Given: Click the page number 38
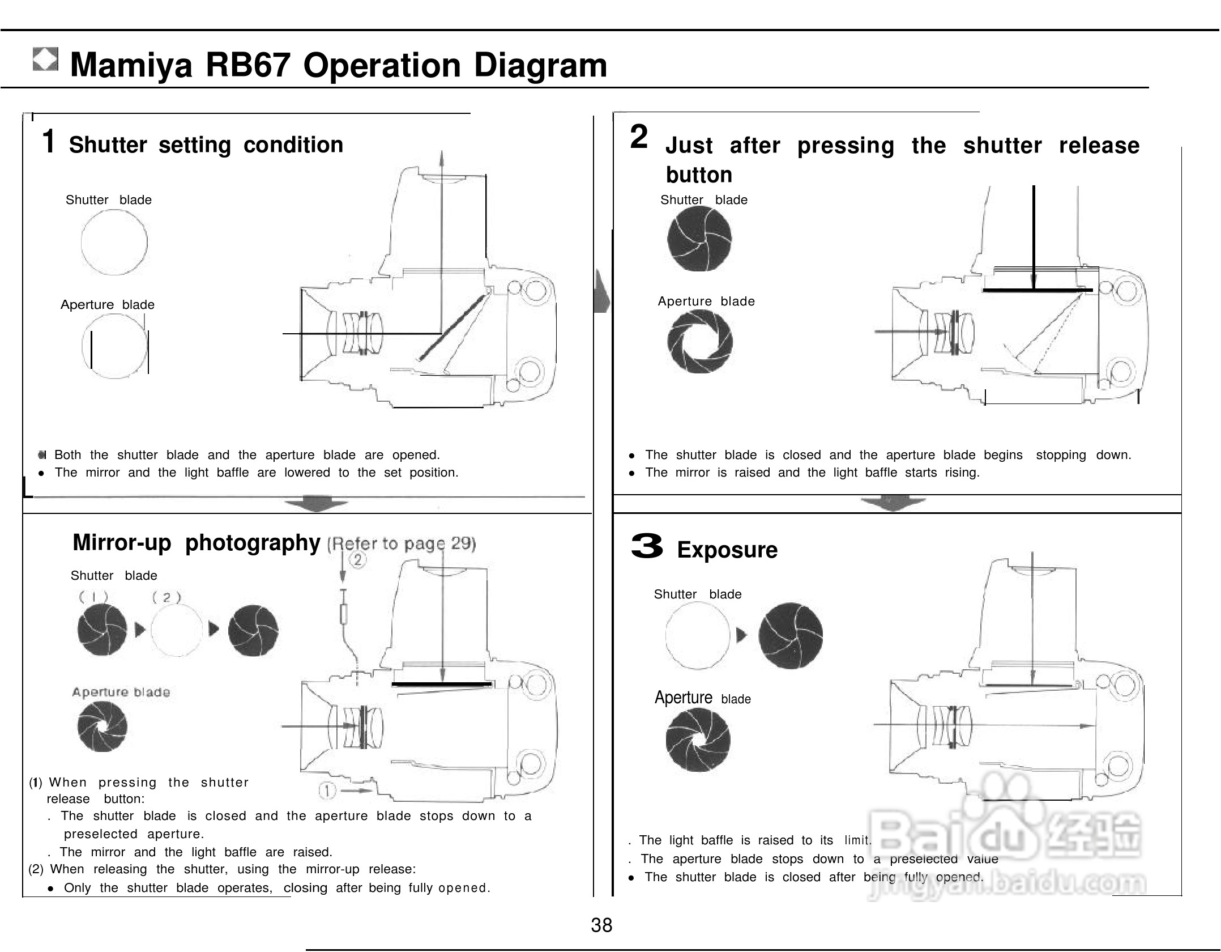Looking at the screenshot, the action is (x=601, y=925).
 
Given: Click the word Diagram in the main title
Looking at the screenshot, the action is (x=540, y=65).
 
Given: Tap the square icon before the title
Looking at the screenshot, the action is (x=45, y=59).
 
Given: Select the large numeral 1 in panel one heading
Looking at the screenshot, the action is (x=49, y=141).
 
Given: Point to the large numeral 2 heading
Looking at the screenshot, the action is (x=639, y=137).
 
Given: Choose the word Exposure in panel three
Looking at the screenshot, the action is (x=727, y=550).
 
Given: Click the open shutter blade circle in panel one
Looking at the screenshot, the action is (x=114, y=243).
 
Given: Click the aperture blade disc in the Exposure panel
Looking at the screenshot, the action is (x=698, y=740).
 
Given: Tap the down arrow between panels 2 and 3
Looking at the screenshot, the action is (x=893, y=504).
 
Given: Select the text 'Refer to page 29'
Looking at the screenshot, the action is (x=402, y=544).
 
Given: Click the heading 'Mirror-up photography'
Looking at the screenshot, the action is (x=197, y=543).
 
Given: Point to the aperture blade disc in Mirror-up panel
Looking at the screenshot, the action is (x=103, y=727).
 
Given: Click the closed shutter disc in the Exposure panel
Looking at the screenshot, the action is (x=791, y=635).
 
